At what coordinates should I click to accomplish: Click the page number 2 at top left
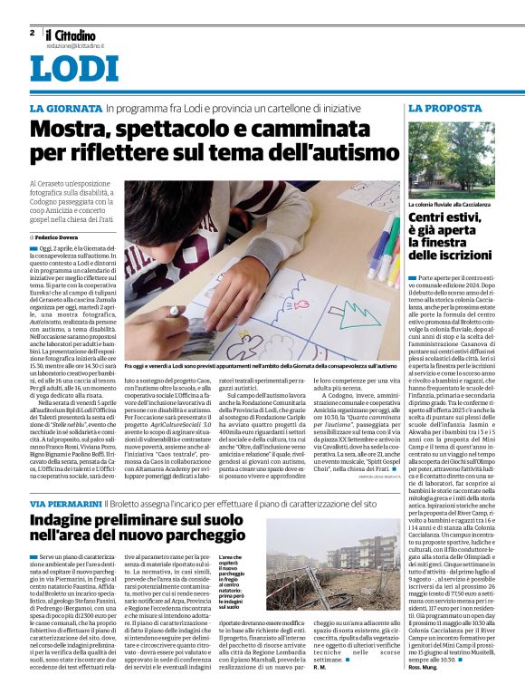point(32,32)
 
